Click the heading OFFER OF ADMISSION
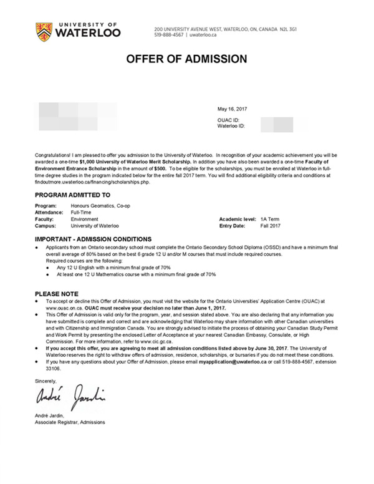click(x=187, y=59)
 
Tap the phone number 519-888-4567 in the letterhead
click(x=170, y=36)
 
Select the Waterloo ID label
click(x=231, y=125)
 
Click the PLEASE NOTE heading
click(x=57, y=293)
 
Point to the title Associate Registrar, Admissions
click(x=70, y=422)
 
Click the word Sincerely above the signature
click(x=46, y=380)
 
